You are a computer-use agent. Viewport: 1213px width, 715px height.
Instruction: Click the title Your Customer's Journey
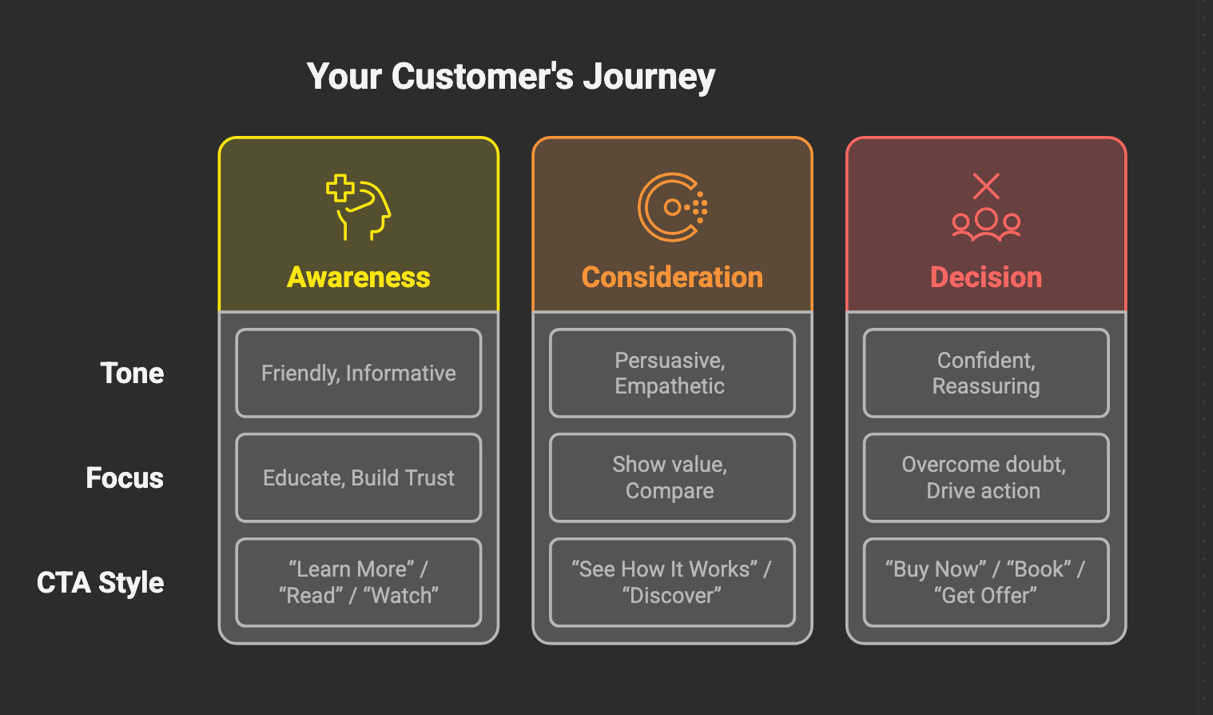pyautogui.click(x=511, y=77)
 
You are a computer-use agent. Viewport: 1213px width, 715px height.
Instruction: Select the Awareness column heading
pyautogui.click(x=359, y=277)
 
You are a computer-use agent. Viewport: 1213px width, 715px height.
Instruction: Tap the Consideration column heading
pyautogui.click(x=672, y=277)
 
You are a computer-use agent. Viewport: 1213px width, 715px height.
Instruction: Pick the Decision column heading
pyautogui.click(x=986, y=277)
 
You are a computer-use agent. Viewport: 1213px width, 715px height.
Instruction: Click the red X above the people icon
pyautogui.click(x=986, y=186)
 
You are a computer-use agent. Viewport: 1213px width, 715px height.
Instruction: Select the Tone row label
pyautogui.click(x=132, y=373)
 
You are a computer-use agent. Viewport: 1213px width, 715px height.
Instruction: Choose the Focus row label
pyautogui.click(x=125, y=477)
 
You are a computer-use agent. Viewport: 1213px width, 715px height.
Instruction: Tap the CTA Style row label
pyautogui.click(x=101, y=582)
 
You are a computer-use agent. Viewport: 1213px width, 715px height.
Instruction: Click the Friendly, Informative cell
pyautogui.click(x=359, y=373)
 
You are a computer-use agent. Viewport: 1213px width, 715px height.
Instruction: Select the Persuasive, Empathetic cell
pyautogui.click(x=672, y=373)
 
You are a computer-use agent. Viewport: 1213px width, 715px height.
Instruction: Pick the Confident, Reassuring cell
pyautogui.click(x=986, y=373)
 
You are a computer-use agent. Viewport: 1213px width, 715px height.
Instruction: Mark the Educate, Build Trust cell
pyautogui.click(x=359, y=477)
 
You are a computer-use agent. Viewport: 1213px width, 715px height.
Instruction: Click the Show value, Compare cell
pyautogui.click(x=672, y=477)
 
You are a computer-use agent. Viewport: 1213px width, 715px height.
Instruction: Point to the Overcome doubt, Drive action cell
pyautogui.click(x=986, y=477)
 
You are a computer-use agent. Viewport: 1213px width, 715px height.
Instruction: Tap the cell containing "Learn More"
pyautogui.click(x=359, y=582)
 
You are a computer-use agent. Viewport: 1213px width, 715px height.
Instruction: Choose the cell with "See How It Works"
pyautogui.click(x=672, y=582)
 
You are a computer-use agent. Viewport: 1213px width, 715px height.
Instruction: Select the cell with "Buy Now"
pyautogui.click(x=986, y=582)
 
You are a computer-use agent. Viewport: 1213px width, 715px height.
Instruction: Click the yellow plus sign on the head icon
pyautogui.click(x=340, y=188)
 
